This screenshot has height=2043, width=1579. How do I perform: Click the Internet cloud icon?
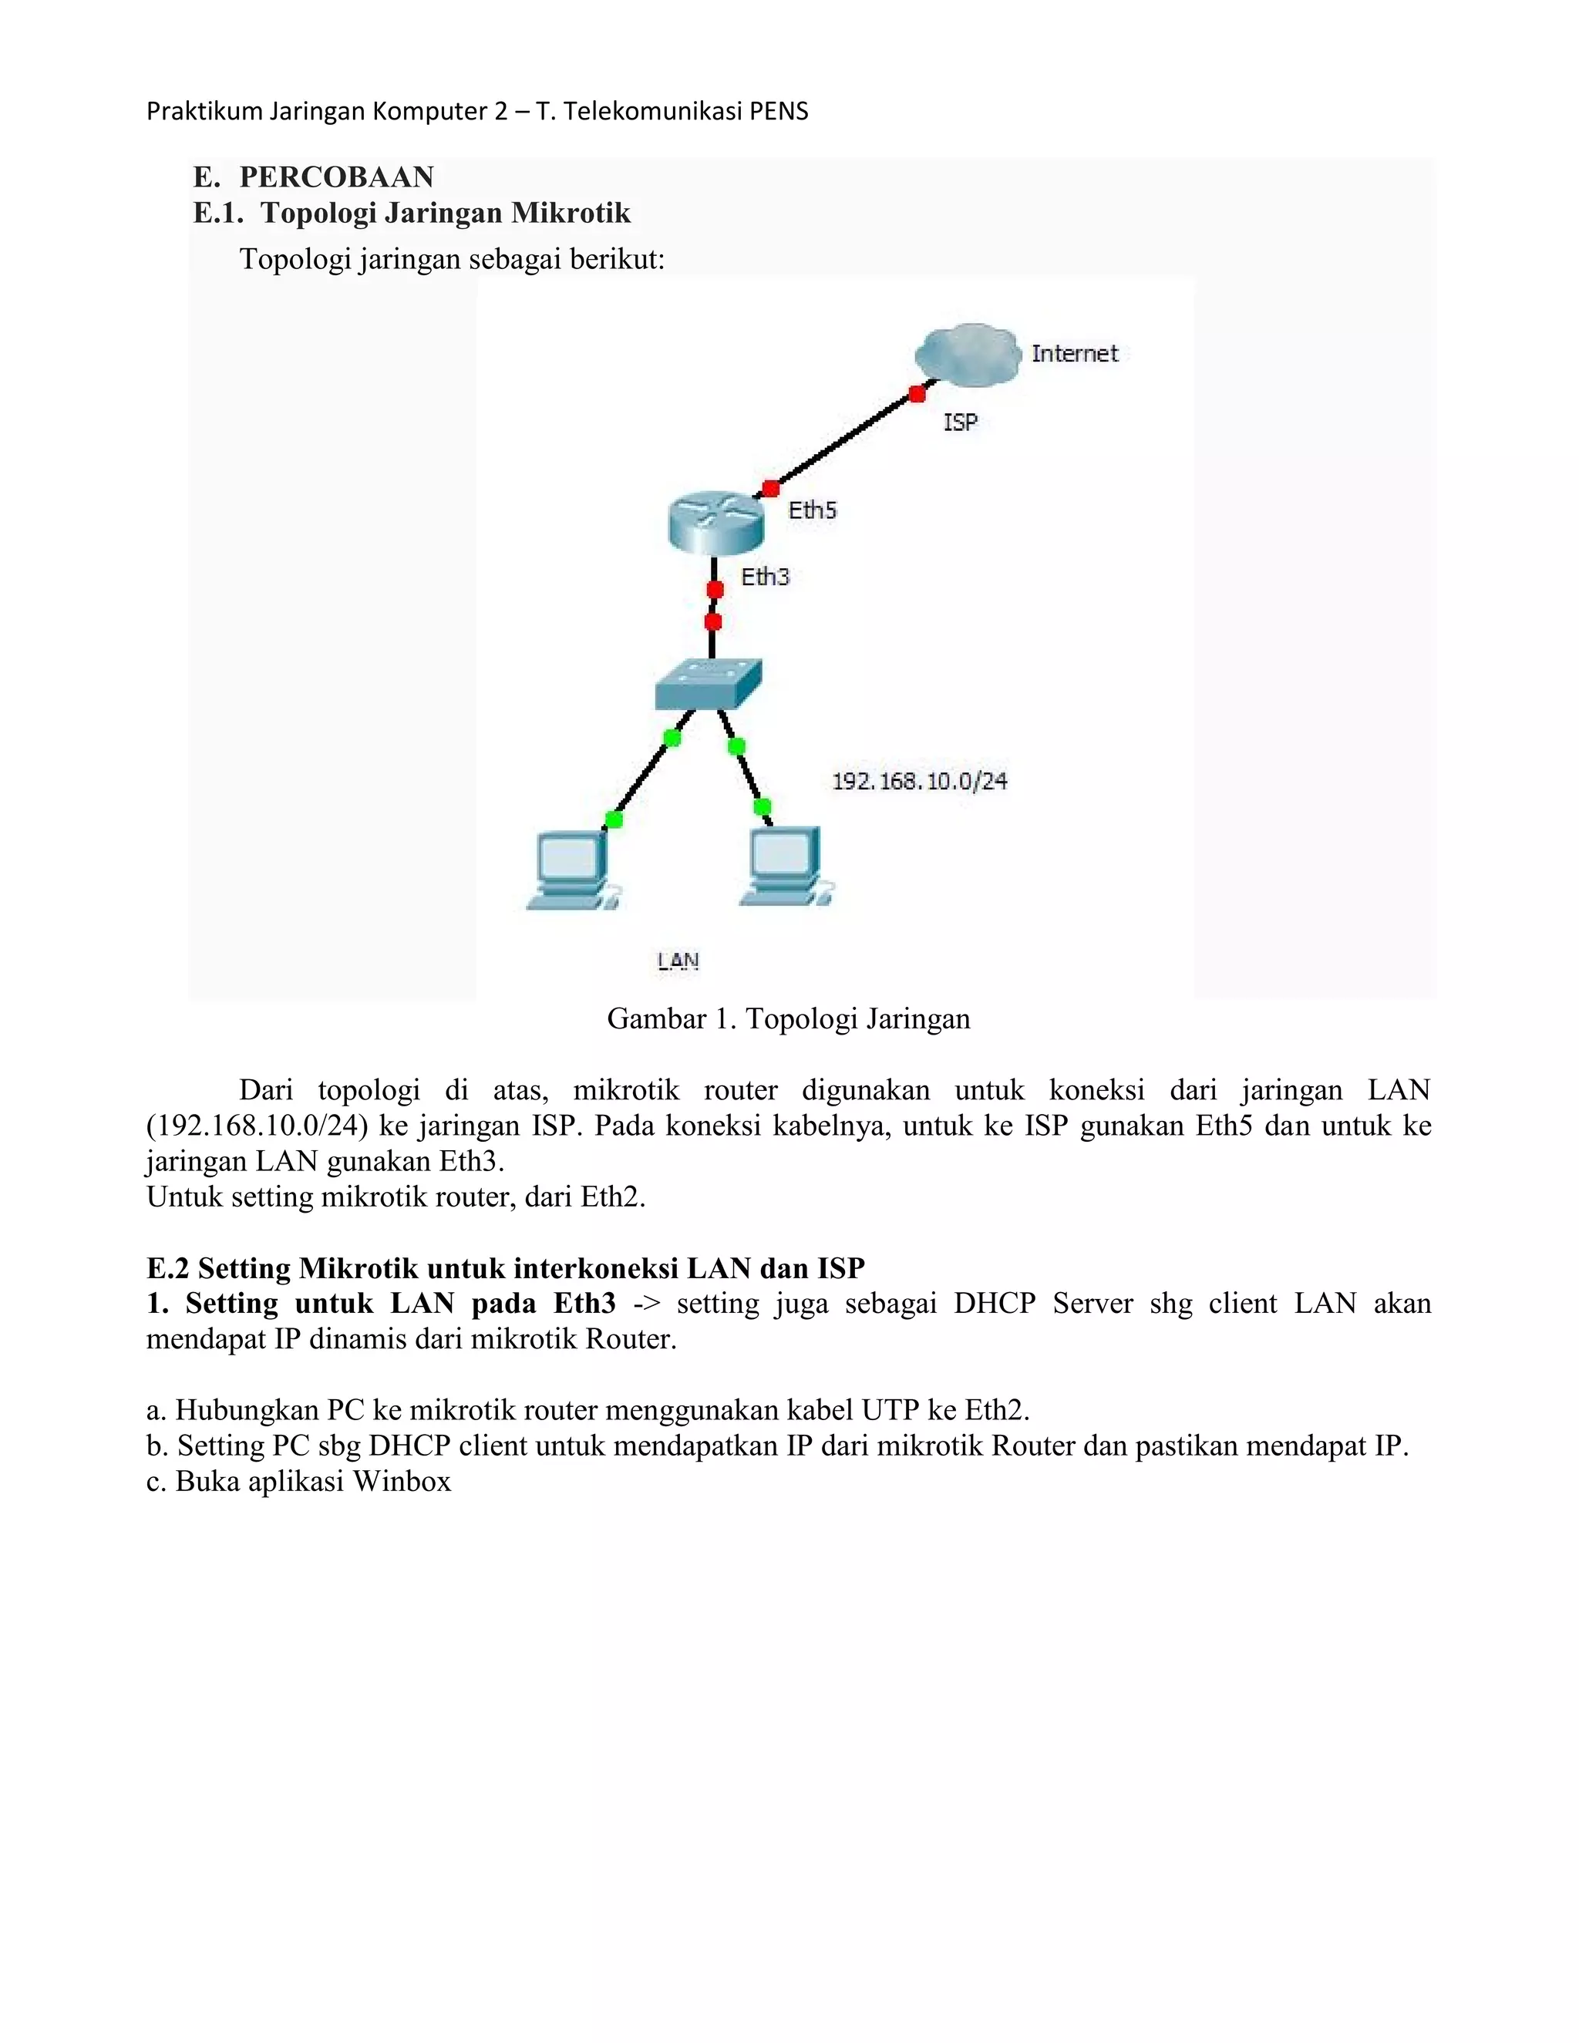(966, 354)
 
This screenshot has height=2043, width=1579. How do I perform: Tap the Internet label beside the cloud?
(1074, 354)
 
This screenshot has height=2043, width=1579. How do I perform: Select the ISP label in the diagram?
(960, 422)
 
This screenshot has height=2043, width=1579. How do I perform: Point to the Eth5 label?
(812, 510)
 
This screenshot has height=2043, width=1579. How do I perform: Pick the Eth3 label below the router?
(765, 577)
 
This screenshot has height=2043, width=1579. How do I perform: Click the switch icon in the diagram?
(708, 685)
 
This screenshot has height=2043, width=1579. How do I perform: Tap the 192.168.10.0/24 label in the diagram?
(920, 781)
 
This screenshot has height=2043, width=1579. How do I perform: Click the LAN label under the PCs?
(678, 961)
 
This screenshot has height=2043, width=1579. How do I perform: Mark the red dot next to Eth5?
(770, 488)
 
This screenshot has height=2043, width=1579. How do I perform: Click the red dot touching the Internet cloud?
(917, 395)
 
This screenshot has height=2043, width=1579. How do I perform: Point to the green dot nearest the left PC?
(614, 820)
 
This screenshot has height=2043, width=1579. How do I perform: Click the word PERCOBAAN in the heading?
(337, 177)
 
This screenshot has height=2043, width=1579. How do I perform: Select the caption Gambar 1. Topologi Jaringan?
(789, 1018)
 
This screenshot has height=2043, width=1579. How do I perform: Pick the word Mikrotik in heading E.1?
(571, 214)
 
